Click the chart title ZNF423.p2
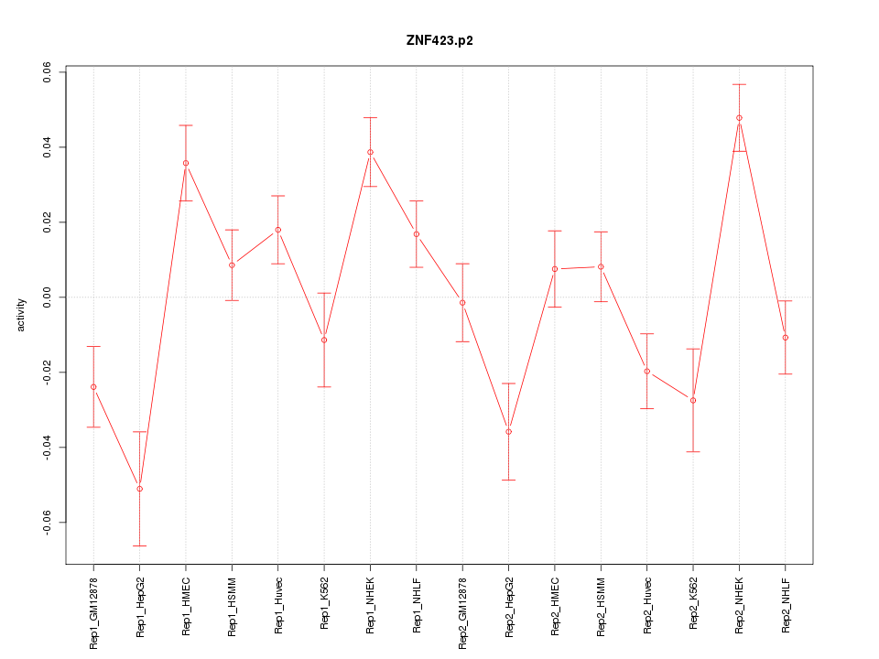pyautogui.click(x=439, y=40)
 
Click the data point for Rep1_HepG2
pyautogui.click(x=139, y=489)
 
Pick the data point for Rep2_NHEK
pyautogui.click(x=739, y=117)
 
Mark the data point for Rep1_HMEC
pyautogui.click(x=186, y=163)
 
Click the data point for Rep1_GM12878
pyautogui.click(x=93, y=387)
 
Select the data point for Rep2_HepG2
pyautogui.click(x=508, y=432)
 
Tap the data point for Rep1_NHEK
pyautogui.click(x=370, y=152)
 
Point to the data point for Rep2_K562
pyautogui.click(x=693, y=400)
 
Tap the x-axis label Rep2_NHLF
pyautogui.click(x=786, y=603)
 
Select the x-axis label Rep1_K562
pyautogui.click(x=324, y=603)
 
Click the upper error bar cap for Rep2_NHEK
pyautogui.click(x=739, y=84)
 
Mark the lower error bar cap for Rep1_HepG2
pyautogui.click(x=139, y=546)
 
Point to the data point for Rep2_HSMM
pyautogui.click(x=601, y=266)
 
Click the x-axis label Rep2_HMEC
pyautogui.click(x=555, y=605)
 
